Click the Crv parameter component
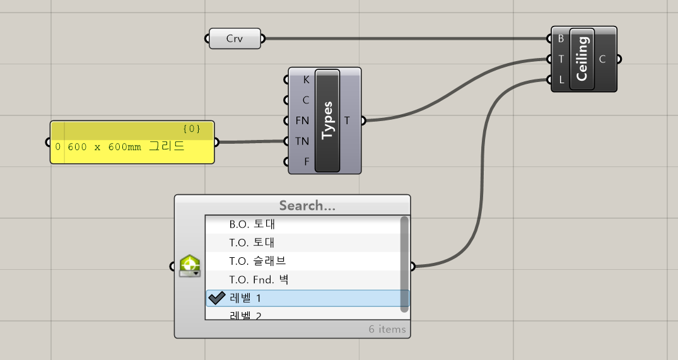pos(235,39)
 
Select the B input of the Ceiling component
pos(561,38)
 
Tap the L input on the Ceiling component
pos(561,80)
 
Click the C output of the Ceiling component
pos(602,59)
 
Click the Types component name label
pos(327,120)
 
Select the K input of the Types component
pos(306,79)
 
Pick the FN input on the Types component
pos(302,120)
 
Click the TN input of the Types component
pos(302,141)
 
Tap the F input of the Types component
pos(307,161)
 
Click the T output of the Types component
pos(348,120)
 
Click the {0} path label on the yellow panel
pos(191,129)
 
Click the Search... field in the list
pos(307,206)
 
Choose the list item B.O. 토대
pos(252,224)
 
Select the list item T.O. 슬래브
pos(258,261)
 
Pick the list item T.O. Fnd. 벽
pos(259,279)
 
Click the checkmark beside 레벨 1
pos(217,298)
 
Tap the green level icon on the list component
pos(189,266)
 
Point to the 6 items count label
pos(387,329)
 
